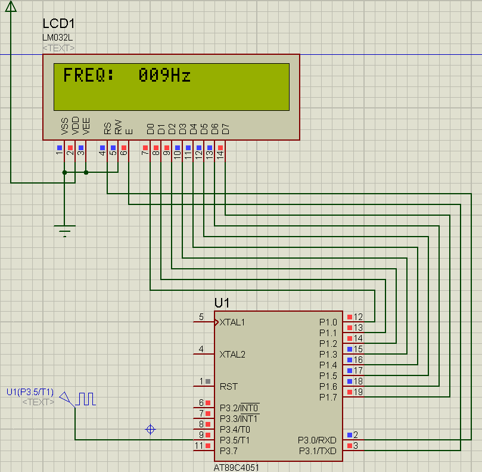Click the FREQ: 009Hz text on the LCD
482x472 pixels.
tap(126, 76)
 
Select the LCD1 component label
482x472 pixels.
tap(58, 24)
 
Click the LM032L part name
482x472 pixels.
tap(57, 38)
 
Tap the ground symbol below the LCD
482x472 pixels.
tap(64, 231)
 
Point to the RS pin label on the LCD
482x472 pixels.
tap(108, 128)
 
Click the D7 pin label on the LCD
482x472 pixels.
tap(226, 128)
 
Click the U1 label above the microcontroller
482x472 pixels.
tap(222, 303)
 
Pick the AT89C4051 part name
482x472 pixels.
tap(237, 467)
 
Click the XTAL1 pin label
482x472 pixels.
tap(232, 322)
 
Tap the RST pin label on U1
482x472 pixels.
tap(228, 386)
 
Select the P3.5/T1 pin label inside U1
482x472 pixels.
tap(234, 440)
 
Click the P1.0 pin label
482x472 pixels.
tap(328, 322)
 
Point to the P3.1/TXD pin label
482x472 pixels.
tap(318, 451)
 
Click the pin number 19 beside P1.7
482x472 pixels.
tap(358, 392)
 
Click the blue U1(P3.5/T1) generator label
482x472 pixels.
tap(30, 392)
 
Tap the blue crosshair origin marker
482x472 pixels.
tap(151, 429)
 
